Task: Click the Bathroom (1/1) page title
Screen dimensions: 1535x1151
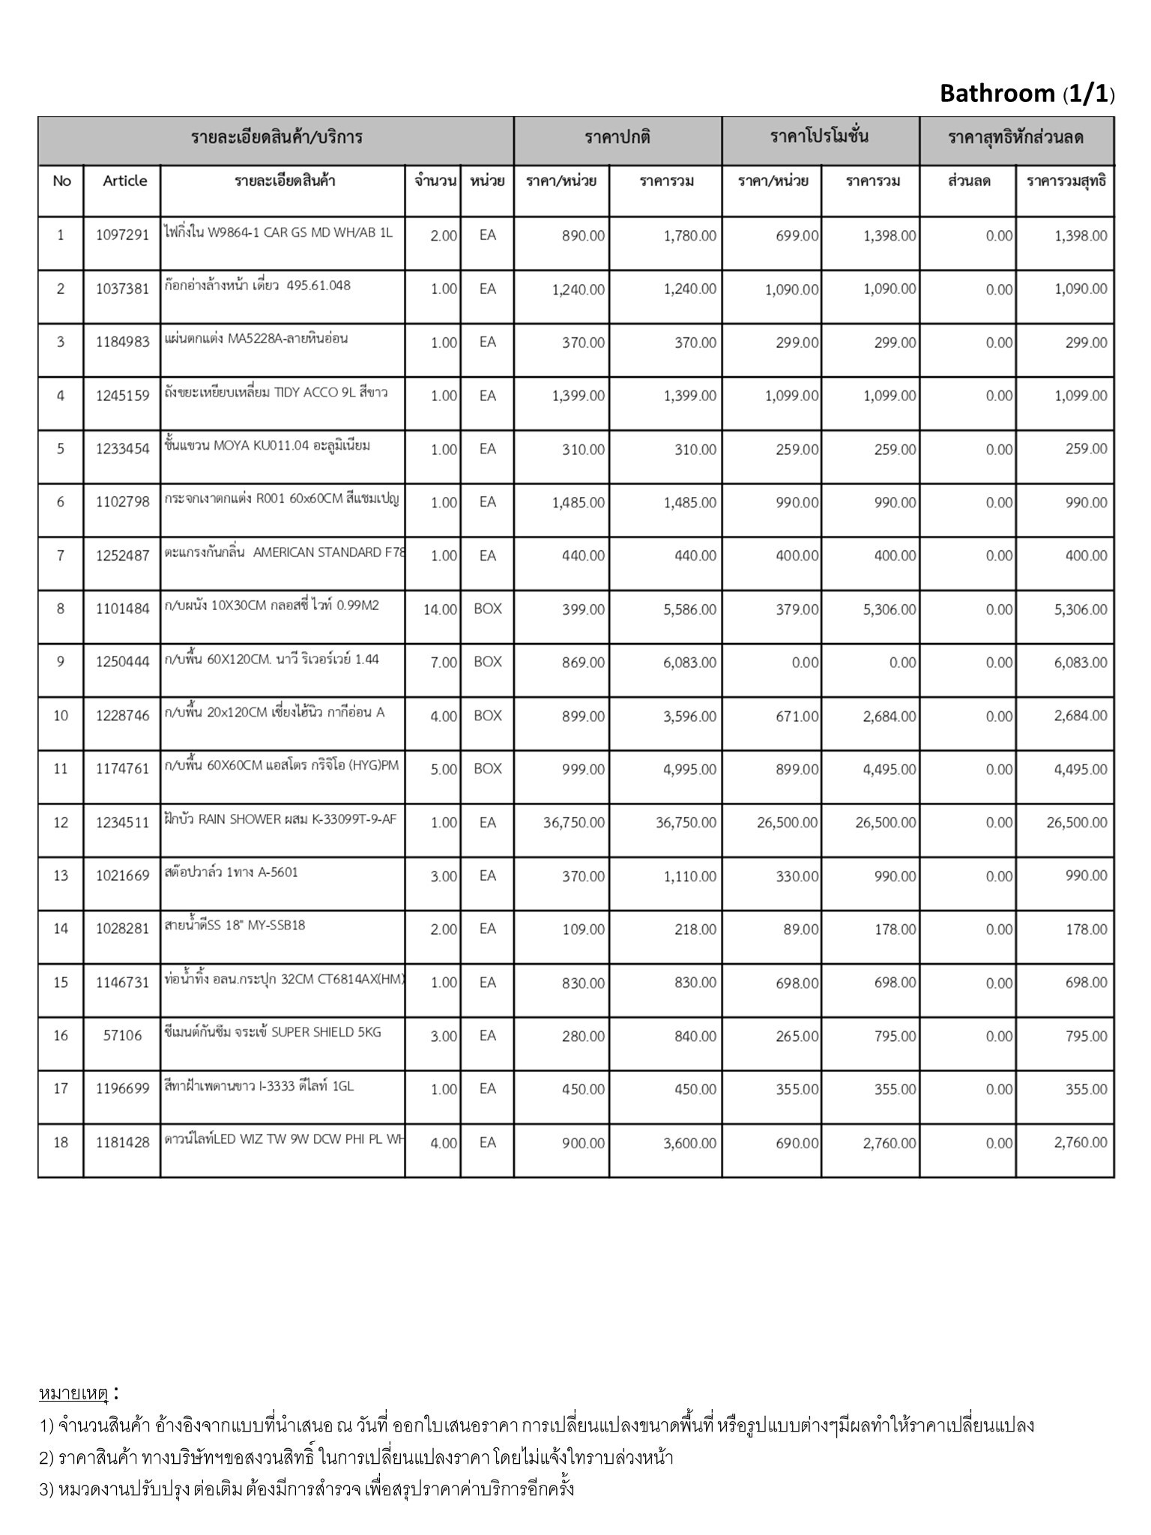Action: tap(1027, 94)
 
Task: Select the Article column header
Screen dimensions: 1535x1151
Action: tap(125, 181)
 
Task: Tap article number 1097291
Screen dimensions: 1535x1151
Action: tap(122, 235)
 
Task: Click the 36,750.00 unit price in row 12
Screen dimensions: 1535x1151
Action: tap(574, 822)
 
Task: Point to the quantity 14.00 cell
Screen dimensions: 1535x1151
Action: tap(440, 609)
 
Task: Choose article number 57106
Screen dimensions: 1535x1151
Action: tap(122, 1036)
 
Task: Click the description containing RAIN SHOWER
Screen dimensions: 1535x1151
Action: tap(280, 819)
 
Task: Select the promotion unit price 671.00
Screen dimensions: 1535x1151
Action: tap(797, 716)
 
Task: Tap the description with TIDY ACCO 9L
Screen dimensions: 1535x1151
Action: tap(276, 392)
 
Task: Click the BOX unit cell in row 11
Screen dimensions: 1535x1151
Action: tap(487, 769)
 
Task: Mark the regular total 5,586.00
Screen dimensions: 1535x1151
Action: tap(689, 609)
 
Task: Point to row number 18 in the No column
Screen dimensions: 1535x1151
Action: tap(61, 1142)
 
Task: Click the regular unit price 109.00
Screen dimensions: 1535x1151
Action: tap(583, 929)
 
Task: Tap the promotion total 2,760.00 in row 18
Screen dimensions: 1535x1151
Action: tap(889, 1143)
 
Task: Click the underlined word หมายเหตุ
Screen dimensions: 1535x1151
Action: tap(73, 1393)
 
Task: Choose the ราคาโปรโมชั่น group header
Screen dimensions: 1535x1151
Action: tap(820, 137)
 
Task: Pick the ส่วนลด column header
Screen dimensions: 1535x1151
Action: tap(968, 181)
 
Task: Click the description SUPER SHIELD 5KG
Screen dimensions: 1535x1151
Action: tap(273, 1032)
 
